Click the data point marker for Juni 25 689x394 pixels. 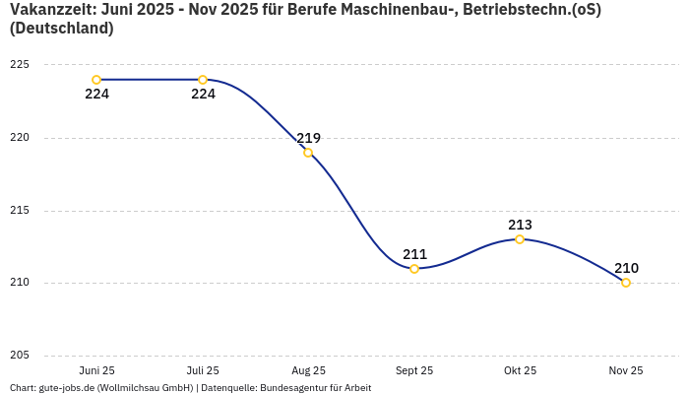coord(96,80)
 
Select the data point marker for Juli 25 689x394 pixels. coord(203,80)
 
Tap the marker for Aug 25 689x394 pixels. coord(308,153)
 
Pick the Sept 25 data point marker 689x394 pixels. coord(414,269)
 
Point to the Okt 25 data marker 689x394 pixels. coord(520,239)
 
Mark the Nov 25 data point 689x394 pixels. coord(626,283)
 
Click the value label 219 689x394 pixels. coord(308,138)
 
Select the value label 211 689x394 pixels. coord(414,254)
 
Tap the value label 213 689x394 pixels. coord(520,225)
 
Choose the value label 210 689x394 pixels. coord(626,268)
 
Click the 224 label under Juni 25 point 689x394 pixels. coord(96,95)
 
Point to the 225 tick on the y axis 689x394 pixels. coord(20,65)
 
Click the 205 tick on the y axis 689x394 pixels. coord(20,356)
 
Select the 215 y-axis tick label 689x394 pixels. coord(20,211)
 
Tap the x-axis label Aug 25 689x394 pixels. coord(308,370)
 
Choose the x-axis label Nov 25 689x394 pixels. coord(626,370)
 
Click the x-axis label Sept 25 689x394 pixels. coord(414,370)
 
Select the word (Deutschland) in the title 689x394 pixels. coord(61,29)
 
